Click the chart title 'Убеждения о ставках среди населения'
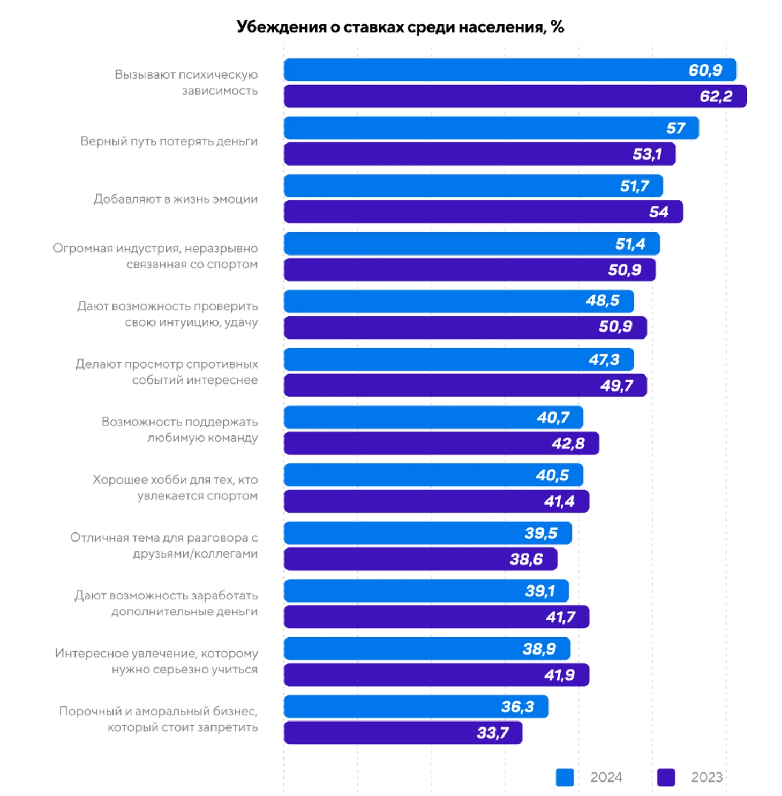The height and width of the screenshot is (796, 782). coord(400,27)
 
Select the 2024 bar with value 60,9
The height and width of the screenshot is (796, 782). coord(509,70)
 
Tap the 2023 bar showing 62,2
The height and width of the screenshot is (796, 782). coord(514,96)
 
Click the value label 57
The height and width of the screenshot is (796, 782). coord(675,128)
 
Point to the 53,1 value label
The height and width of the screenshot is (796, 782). coord(647,154)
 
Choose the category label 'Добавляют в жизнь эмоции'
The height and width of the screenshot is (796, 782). coord(175,199)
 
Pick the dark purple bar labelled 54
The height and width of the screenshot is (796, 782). coord(482,212)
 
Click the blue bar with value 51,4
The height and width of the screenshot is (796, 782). coord(471,244)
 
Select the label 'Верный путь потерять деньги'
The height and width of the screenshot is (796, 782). coord(169,141)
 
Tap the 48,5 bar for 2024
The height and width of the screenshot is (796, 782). coord(458,302)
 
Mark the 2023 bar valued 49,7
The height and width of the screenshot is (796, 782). coord(465,386)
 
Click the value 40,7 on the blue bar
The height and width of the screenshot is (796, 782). coord(553,417)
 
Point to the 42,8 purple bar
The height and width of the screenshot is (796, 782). coord(441,444)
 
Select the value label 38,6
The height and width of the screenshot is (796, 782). coord(526,559)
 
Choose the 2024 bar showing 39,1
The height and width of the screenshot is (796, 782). coord(426,591)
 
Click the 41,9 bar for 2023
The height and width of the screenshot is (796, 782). coord(436,675)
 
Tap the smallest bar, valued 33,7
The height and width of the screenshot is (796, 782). coord(403,733)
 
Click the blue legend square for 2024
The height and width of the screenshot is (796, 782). coord(565,777)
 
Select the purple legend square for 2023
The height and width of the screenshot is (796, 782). coord(666,777)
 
